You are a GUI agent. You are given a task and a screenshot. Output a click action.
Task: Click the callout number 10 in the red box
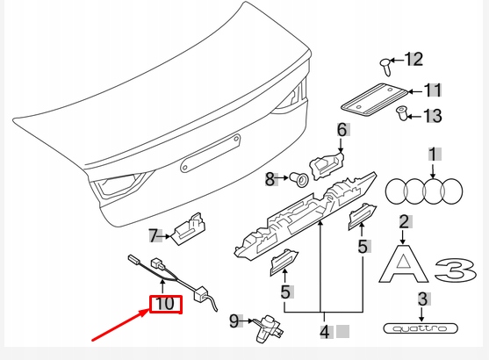pos(164,304)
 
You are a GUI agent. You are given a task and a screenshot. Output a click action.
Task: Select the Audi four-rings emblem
pos(425,189)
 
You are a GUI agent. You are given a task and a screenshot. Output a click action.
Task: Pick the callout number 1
pos(433,155)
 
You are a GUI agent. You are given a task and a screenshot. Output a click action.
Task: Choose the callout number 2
pos(404,222)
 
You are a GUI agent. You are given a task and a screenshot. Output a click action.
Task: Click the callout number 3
pos(421,299)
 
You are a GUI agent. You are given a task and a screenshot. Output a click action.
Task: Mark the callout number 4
pos(325,332)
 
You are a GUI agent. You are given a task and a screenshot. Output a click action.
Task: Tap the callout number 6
pos(342,131)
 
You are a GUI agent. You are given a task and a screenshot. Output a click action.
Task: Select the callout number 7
pos(154,235)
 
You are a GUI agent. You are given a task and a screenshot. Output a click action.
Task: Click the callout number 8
pos(270,179)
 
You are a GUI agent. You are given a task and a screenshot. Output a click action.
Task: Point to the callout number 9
pos(234,320)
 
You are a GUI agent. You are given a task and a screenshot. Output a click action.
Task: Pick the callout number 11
pos(433,90)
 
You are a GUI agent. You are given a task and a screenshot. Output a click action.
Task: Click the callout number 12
pos(413,59)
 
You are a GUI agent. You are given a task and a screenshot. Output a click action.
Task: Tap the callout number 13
pos(433,115)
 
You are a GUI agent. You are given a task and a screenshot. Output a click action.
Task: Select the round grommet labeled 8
pos(299,180)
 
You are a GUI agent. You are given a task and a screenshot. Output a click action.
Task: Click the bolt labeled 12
pos(385,63)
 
